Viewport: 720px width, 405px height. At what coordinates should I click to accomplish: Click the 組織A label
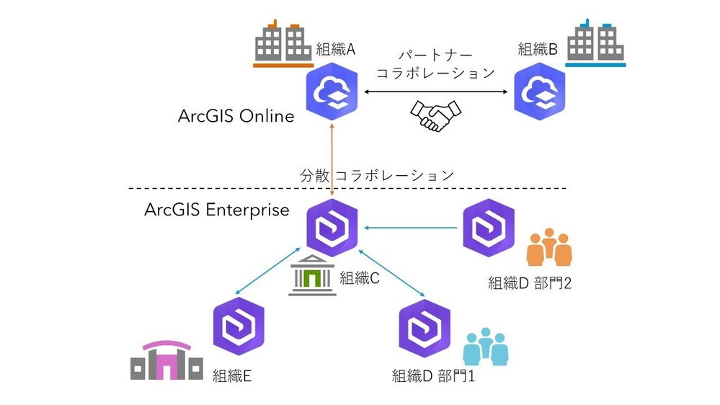(336, 50)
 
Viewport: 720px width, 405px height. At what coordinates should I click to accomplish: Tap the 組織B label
(538, 50)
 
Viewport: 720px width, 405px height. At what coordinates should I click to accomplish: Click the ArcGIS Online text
(236, 116)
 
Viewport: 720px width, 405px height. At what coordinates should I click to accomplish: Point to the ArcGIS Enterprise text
(217, 210)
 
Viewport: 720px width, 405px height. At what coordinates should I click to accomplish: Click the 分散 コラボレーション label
(377, 174)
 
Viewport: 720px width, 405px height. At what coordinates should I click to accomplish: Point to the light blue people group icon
(485, 346)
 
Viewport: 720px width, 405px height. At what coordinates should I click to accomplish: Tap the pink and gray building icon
(166, 360)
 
